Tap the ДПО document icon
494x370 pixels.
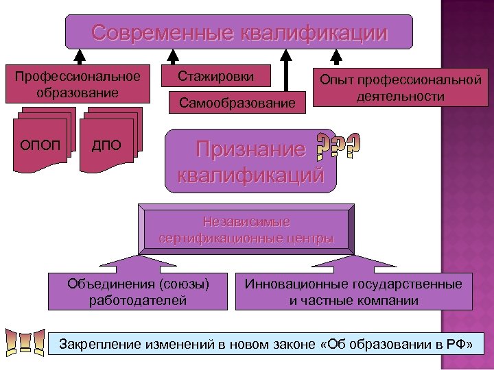(x=110, y=145)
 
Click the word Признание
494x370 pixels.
(x=250, y=149)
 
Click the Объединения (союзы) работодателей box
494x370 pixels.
(x=138, y=291)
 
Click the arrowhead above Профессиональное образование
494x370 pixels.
(x=80, y=55)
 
